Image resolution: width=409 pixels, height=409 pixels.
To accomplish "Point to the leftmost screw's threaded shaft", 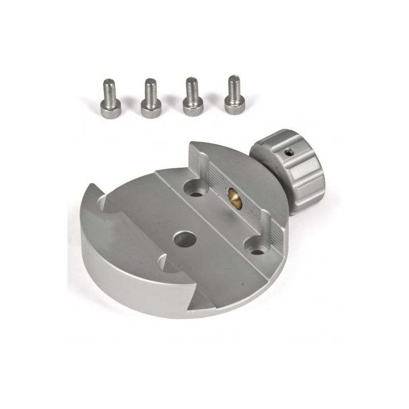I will [x=108, y=88].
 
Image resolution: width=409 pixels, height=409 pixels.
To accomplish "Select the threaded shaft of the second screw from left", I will [x=150, y=88].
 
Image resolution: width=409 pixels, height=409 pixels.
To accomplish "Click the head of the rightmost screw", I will [x=232, y=103].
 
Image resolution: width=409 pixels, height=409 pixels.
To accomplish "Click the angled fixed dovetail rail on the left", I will [x=128, y=240].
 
